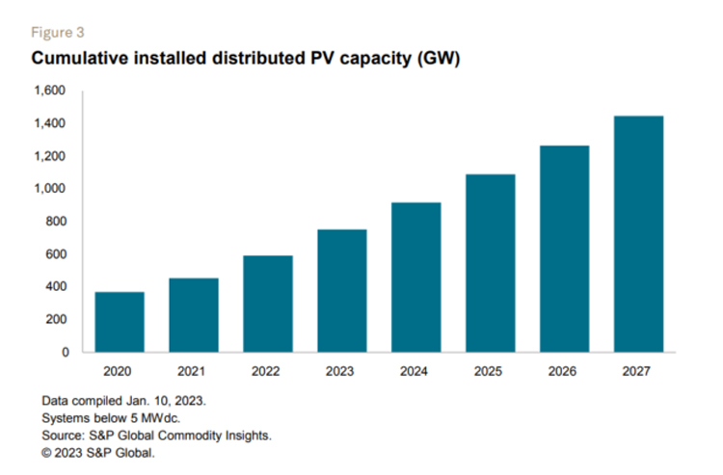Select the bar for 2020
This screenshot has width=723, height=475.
coord(120,322)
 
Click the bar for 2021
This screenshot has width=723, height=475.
coord(193,315)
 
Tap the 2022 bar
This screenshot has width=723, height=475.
coord(267,303)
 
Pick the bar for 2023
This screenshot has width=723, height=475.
coord(341,290)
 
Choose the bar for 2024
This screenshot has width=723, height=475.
coord(415,277)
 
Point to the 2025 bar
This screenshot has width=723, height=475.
coord(490,263)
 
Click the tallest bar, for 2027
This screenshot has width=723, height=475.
coord(638,234)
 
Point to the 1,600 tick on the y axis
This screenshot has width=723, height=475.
coord(50,91)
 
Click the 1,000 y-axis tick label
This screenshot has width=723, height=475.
coord(50,189)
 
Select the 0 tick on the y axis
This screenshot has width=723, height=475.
coord(65,352)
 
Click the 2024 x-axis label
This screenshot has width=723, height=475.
coord(415,371)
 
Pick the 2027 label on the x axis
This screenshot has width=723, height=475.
coord(638,371)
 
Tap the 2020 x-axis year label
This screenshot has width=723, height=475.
coord(120,371)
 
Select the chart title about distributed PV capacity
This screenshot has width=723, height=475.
coord(247,58)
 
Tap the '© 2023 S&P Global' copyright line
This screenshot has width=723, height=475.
coord(98,452)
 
